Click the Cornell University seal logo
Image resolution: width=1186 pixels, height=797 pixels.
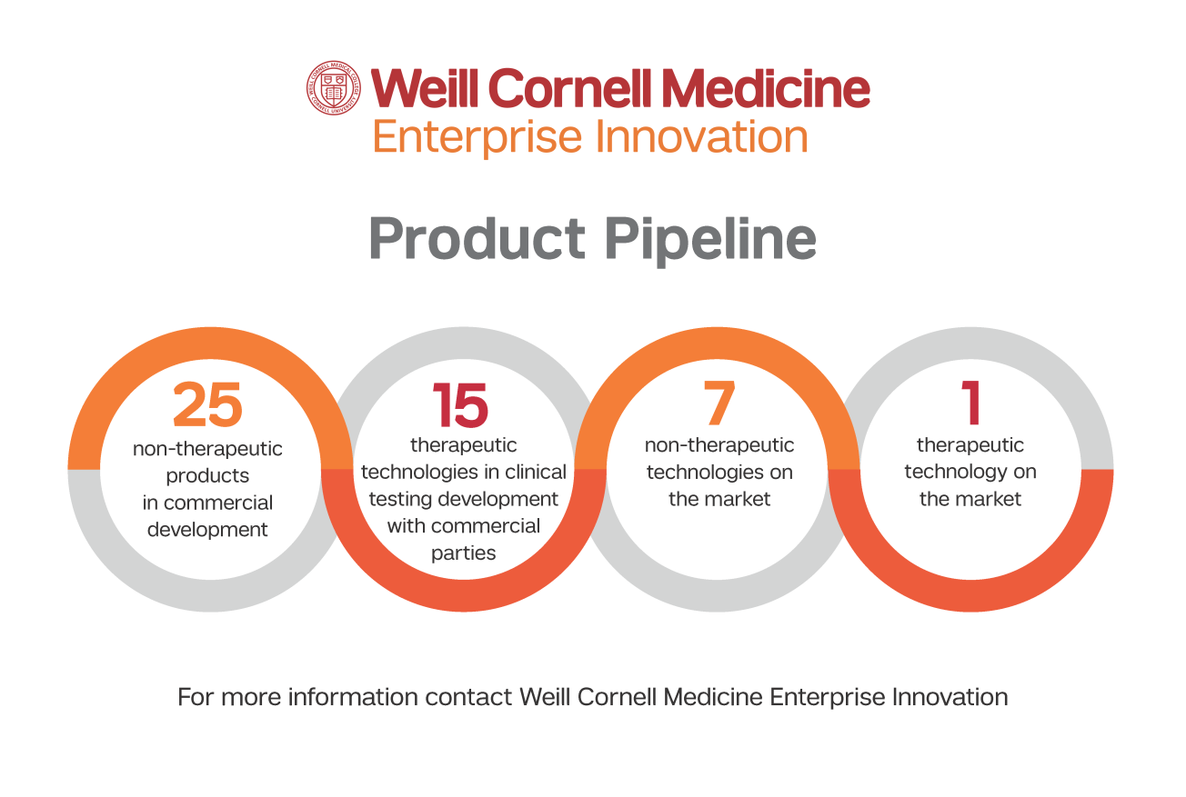tap(334, 88)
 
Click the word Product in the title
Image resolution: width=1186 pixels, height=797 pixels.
tap(477, 238)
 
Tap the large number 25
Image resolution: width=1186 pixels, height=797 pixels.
tap(207, 404)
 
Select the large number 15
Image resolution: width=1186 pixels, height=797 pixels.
tap(460, 404)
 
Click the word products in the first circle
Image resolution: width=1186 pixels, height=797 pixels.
tap(207, 476)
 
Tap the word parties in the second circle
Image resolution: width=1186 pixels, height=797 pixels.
tap(463, 553)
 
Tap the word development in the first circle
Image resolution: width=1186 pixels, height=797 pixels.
tap(207, 530)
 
